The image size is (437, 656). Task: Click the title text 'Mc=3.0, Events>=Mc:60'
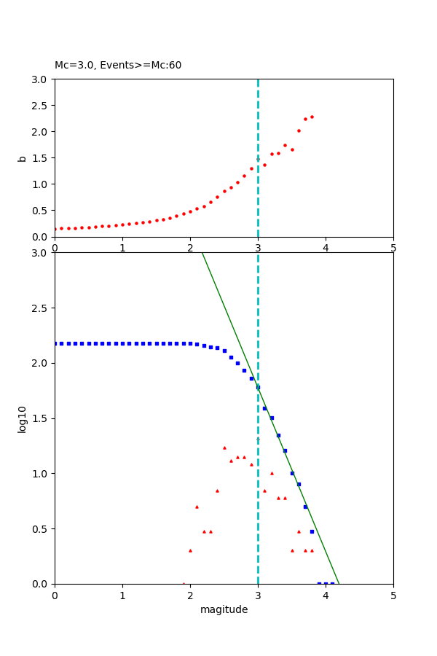coord(118,66)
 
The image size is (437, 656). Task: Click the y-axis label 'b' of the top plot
coord(22,157)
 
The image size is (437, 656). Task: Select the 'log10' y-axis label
coord(22,419)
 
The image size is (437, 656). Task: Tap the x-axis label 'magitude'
coord(224,610)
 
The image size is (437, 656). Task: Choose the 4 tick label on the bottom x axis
coord(326,596)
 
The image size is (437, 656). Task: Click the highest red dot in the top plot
coord(312,117)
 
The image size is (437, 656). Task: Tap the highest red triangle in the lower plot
coord(224,448)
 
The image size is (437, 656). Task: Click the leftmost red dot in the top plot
coord(55,229)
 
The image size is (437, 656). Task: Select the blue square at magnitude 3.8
coord(312,531)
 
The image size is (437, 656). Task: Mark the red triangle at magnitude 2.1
coord(197,507)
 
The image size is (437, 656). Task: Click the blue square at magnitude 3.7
coord(305,507)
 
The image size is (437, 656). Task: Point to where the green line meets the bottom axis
coord(339,584)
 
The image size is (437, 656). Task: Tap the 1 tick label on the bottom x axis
coord(122,596)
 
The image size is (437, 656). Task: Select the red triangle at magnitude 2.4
coord(217,491)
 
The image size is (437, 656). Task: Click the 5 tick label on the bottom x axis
coord(393,596)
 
